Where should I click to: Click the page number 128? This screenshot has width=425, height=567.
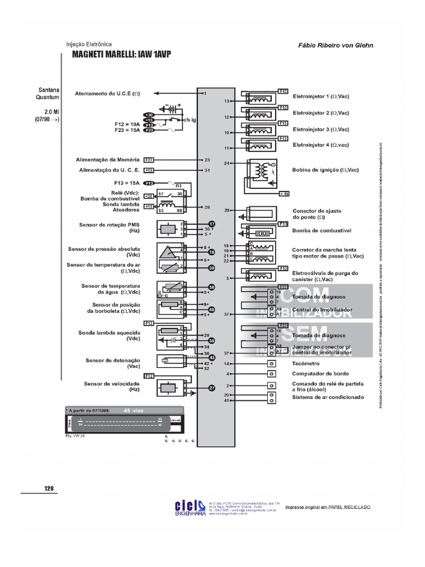click(x=49, y=488)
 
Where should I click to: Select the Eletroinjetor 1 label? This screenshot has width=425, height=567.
click(x=320, y=96)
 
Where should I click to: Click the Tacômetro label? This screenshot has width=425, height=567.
click(x=305, y=364)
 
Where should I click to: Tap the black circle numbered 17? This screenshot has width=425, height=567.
click(x=211, y=224)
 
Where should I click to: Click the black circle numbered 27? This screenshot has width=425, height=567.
click(x=211, y=388)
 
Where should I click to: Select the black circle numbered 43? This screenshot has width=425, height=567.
click(x=211, y=358)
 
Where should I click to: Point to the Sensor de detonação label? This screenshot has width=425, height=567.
click(x=113, y=360)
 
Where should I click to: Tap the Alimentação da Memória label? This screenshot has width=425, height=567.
click(x=107, y=159)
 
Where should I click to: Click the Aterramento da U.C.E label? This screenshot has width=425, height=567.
click(x=107, y=94)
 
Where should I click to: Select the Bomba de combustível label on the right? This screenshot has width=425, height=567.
click(x=322, y=230)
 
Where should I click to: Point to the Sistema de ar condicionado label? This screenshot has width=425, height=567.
click(x=328, y=397)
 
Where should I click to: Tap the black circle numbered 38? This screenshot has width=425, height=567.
click(x=211, y=287)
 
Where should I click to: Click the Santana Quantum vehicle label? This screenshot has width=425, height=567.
click(x=49, y=93)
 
